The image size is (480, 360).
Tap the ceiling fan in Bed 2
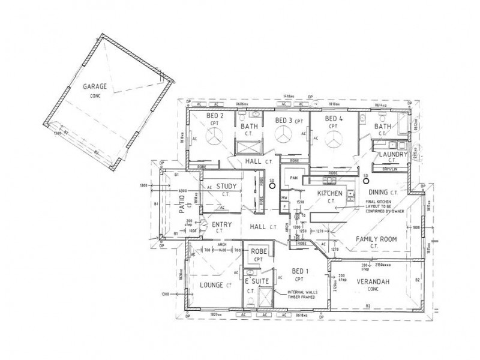click(x=214, y=137)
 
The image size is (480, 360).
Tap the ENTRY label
click(x=223, y=225)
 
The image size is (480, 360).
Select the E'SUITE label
click(x=256, y=281)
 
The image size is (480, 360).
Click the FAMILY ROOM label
click(x=376, y=239)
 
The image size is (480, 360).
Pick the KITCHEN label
click(x=329, y=193)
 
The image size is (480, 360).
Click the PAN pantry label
click(x=294, y=178)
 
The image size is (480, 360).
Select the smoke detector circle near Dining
click(x=366, y=182)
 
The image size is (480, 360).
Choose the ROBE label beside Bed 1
click(x=259, y=252)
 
